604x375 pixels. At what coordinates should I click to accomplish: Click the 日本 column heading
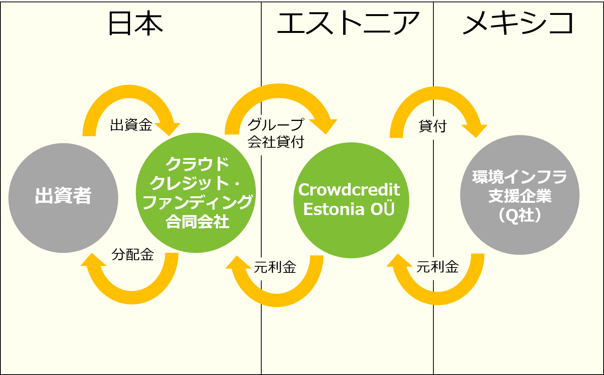135,24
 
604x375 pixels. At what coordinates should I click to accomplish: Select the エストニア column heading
348,24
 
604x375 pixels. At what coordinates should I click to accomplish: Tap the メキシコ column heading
518,24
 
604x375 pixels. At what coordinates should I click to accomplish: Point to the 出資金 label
131,125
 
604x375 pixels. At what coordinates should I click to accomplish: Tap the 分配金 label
133,254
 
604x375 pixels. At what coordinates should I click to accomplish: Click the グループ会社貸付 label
275,133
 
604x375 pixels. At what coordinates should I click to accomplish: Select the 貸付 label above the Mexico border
433,126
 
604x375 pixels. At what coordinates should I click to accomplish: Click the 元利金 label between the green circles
275,267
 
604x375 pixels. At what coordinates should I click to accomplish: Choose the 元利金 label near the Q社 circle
438,267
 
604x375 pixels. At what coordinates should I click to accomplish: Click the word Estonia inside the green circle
334,209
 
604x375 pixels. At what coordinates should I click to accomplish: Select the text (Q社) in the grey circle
520,215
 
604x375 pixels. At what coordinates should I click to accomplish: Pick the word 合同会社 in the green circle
197,222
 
